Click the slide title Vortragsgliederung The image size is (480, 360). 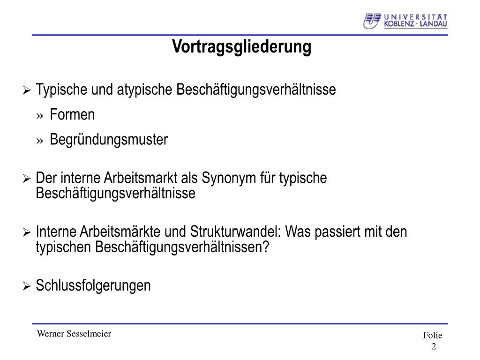241,47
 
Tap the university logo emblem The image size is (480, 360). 372,21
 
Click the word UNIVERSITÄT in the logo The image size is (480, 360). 416,17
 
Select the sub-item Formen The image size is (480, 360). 72,114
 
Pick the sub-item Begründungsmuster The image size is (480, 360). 109,140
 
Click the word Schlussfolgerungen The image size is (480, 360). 93,285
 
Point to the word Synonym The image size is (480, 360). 229,179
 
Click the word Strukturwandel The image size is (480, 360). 235,232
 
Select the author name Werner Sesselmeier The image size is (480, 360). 74,334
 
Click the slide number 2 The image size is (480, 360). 434,346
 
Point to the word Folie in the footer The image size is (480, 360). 433,336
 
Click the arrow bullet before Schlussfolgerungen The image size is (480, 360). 27,286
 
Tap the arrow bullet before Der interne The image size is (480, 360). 27,179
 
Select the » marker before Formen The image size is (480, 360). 39,116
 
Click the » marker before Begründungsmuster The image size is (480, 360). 39,141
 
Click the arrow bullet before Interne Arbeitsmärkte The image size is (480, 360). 27,232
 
